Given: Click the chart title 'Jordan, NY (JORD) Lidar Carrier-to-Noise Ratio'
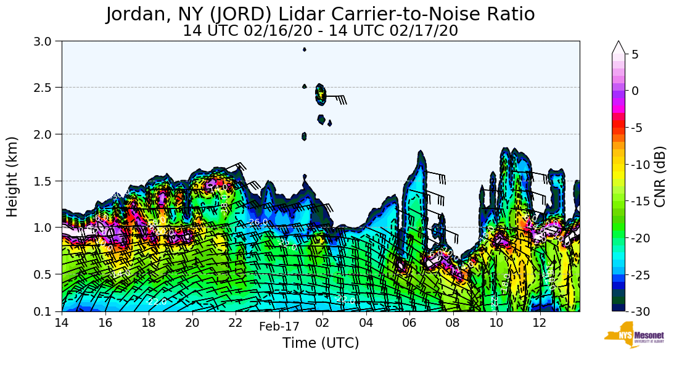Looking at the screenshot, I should tap(320, 14).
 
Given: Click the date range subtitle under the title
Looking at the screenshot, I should tap(320, 30).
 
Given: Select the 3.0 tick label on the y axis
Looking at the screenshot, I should tap(47, 41).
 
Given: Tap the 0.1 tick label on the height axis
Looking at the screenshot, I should tap(47, 311).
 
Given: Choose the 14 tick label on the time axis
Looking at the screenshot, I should tap(62, 323).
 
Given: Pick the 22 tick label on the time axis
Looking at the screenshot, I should tap(236, 323).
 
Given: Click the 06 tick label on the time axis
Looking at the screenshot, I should tap(409, 323).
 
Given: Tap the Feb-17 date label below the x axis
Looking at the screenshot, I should tap(279, 327).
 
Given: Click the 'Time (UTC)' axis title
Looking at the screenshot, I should tap(320, 343).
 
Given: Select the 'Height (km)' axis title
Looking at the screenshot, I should tap(13, 176).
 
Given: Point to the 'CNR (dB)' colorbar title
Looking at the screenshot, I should tap(660, 176).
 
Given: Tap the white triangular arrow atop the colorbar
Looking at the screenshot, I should tap(619, 47).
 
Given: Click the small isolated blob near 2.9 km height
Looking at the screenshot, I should tap(304, 49).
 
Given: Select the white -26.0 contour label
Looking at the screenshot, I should tap(258, 222).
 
